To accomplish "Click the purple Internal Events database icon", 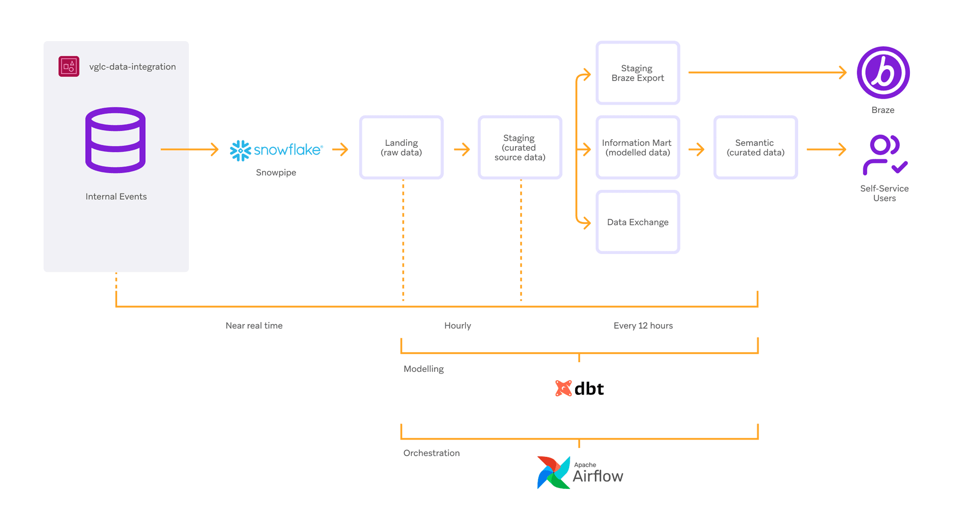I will pyautogui.click(x=115, y=140).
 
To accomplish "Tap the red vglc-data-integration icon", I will pyautogui.click(x=69, y=66).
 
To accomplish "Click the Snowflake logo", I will pyautogui.click(x=276, y=150).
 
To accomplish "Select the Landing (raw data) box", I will pyautogui.click(x=401, y=148).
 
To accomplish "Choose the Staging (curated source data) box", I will pyautogui.click(x=520, y=148).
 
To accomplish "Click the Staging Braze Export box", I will pyautogui.click(x=637, y=73).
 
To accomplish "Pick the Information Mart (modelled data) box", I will pyautogui.click(x=637, y=148).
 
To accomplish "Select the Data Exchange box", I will pyautogui.click(x=637, y=222).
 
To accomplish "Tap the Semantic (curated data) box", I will pyautogui.click(x=755, y=148).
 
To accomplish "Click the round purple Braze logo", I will pyautogui.click(x=883, y=73).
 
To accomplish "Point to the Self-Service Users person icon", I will pyautogui.click(x=884, y=155).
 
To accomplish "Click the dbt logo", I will pyautogui.click(x=580, y=388).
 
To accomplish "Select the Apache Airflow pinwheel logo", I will pyautogui.click(x=554, y=472).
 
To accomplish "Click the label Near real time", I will pyautogui.click(x=254, y=326).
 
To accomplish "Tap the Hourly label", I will pyautogui.click(x=457, y=326).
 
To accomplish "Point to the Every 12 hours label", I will pyautogui.click(x=643, y=326).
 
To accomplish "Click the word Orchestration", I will pyautogui.click(x=431, y=453).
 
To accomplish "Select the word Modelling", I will pyautogui.click(x=423, y=369).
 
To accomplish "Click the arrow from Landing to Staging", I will pyautogui.click(x=461, y=149).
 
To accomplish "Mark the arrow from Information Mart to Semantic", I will pyautogui.click(x=696, y=149).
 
